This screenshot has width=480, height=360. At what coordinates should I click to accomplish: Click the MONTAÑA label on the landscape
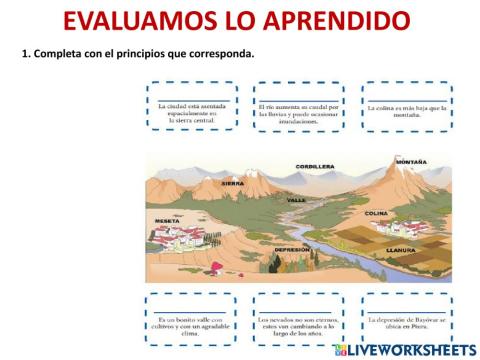pos(411,161)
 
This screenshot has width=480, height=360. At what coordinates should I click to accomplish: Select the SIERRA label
pos(232,184)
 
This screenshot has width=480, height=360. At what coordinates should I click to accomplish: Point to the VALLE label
pos(297,200)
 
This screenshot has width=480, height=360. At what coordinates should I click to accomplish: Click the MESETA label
pos(167,220)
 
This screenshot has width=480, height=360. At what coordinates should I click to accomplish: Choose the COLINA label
pos(376,213)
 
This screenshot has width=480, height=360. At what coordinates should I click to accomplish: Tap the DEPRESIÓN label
pos(293,249)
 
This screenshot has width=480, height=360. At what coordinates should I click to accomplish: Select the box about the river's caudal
pos(298,106)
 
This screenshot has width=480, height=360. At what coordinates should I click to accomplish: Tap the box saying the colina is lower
pos(405,106)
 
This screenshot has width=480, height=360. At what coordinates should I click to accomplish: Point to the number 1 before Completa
pos(24,53)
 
